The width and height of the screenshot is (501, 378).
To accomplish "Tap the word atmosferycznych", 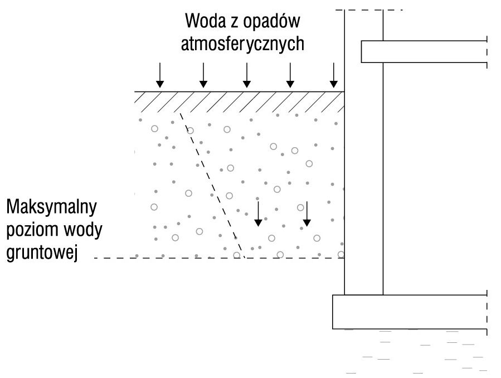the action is [242, 43].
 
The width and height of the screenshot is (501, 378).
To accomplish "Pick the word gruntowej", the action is [42, 253].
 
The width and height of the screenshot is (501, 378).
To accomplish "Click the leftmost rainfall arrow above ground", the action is [160, 75].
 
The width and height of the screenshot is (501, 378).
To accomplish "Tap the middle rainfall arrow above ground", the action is [247, 75].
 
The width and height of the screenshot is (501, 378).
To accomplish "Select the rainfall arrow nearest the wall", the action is [334, 75].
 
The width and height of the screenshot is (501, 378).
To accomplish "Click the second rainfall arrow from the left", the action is [203, 75].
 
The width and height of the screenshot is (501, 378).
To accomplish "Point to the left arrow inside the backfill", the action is [258, 214].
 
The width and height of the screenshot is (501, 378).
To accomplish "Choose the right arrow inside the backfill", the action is [307, 214].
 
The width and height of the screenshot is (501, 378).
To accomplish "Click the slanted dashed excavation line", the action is [212, 185].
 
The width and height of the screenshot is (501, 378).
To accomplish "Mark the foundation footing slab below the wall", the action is [410, 312].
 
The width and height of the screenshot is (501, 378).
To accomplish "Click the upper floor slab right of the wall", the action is [424, 51].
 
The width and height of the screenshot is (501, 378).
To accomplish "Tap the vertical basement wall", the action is [363, 152].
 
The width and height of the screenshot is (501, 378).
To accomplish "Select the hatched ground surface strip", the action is [239, 102].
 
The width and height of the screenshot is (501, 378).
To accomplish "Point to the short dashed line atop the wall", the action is [369, 10].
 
